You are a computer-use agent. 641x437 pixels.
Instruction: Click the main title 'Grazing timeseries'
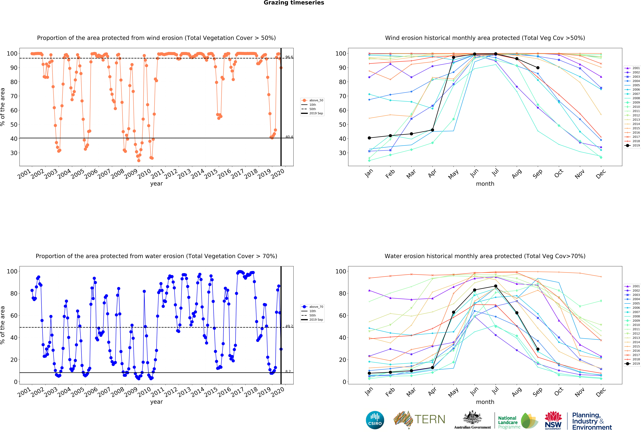tap(294, 3)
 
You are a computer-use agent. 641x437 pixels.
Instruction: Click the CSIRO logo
tap(375, 420)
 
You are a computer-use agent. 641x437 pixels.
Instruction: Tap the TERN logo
tap(419, 420)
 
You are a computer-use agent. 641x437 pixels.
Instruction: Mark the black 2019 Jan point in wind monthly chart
tap(369, 138)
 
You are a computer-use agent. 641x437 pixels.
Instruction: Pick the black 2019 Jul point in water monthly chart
tap(496, 286)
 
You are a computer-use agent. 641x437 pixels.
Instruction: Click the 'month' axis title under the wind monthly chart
tap(485, 184)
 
